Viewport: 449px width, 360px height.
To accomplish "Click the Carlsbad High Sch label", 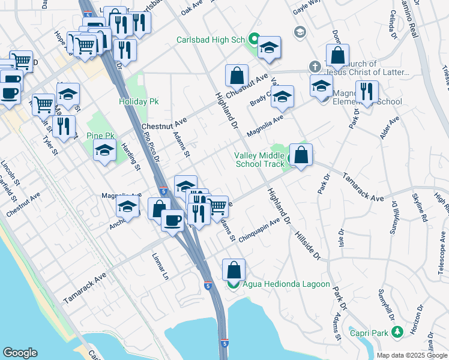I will (211, 40).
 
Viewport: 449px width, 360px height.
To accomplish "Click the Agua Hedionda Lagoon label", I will (286, 284).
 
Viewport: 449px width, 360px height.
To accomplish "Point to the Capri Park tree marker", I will (396, 331).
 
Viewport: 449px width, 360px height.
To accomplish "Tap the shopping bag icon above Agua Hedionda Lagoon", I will (234, 269).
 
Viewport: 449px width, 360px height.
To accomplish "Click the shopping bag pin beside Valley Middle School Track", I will (301, 155).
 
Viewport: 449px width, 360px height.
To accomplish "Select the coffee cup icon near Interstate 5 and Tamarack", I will (173, 221).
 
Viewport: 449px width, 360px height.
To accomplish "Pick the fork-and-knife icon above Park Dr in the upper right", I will (366, 91).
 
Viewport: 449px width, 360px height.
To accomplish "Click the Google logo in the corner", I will (20, 353).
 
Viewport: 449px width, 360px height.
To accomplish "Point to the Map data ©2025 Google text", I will (411, 355).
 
